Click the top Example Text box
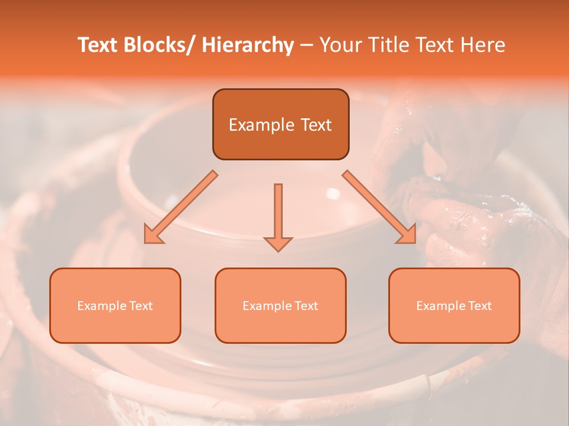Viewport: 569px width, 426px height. pos(280,124)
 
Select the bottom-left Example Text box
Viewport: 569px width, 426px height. pos(115,305)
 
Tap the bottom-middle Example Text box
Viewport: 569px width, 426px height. pos(280,305)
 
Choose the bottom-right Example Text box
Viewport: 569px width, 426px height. pos(454,305)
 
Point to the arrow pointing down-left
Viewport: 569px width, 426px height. pos(181,207)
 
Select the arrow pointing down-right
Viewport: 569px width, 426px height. pos(379,207)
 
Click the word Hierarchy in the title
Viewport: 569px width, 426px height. pos(248,45)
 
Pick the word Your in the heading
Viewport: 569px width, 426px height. pos(341,45)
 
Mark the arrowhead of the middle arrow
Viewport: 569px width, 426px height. pos(278,244)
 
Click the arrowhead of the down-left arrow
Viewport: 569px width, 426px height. pos(153,235)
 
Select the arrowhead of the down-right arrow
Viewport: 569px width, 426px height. pos(407,235)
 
